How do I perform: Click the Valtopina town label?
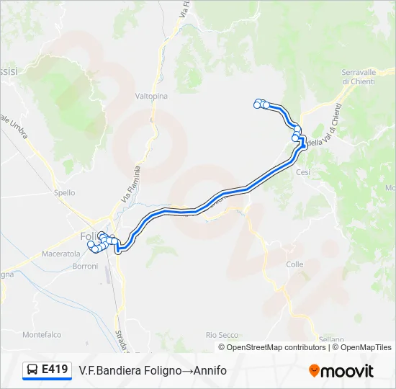pyautogui.click(x=150, y=95)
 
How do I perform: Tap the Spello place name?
pyautogui.click(x=64, y=193)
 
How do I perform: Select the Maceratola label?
pyautogui.click(x=61, y=254)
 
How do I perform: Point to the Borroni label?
pyautogui.click(x=85, y=267)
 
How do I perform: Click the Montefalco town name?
pyautogui.click(x=41, y=335)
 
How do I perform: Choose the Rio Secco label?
pyautogui.click(x=222, y=335)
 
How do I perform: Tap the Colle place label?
pyautogui.click(x=294, y=264)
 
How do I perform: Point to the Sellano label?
pyautogui.click(x=332, y=339)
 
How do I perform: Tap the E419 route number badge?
pyautogui.click(x=55, y=370)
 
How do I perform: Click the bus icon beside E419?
pyautogui.click(x=32, y=370)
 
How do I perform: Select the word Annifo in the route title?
pyautogui.click(x=210, y=370)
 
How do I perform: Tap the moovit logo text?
pyautogui.click(x=347, y=371)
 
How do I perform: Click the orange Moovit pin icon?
pyautogui.click(x=314, y=371)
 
